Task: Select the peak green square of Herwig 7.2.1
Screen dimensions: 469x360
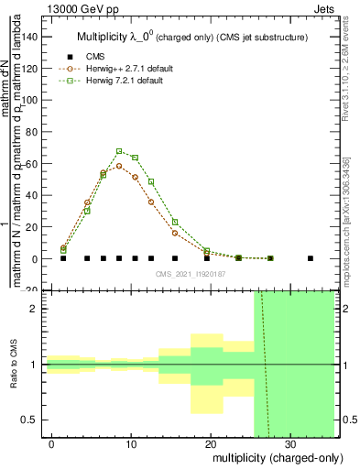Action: (x=119, y=151)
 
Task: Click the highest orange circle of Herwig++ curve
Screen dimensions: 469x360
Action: (x=119, y=166)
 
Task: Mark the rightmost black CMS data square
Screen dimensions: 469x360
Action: (x=311, y=258)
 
